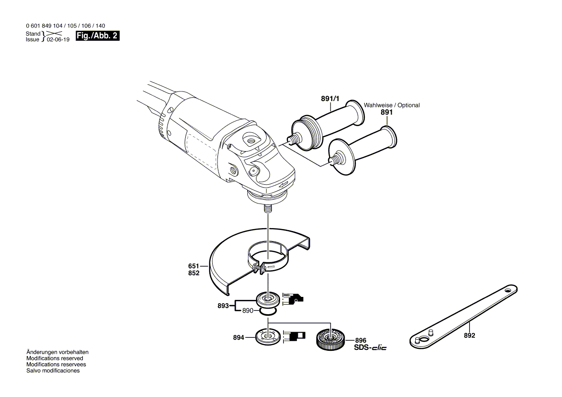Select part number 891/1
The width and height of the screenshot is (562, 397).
coord(330,99)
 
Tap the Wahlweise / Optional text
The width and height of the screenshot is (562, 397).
coord(392,105)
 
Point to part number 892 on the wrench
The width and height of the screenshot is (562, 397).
coord(469,335)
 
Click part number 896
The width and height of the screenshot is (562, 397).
coord(361,340)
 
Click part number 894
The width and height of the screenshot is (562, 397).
coord(239,338)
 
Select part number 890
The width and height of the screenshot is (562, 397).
coord(247,311)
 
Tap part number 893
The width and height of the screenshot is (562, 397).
coord(223,305)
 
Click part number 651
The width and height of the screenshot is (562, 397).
coord(193,266)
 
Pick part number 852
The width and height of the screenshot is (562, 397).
coord(193,273)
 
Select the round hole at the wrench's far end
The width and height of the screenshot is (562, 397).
coord(507,291)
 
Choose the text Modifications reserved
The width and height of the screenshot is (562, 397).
coord(54,359)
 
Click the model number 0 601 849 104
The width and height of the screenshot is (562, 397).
coord(48,26)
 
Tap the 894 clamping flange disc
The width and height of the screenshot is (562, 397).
coord(268,336)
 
